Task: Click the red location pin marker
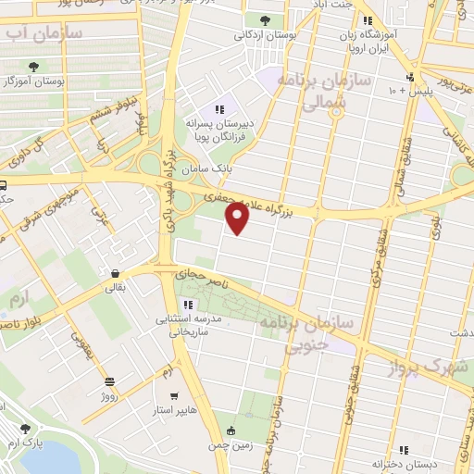[239, 218]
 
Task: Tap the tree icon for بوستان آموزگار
[34, 67]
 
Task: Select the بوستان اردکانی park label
[265, 34]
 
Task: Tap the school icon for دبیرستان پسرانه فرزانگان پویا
[219, 109]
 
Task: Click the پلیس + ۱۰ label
[407, 91]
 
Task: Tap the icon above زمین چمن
[231, 430]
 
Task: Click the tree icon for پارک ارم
[24, 429]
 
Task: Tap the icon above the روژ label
[109, 381]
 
